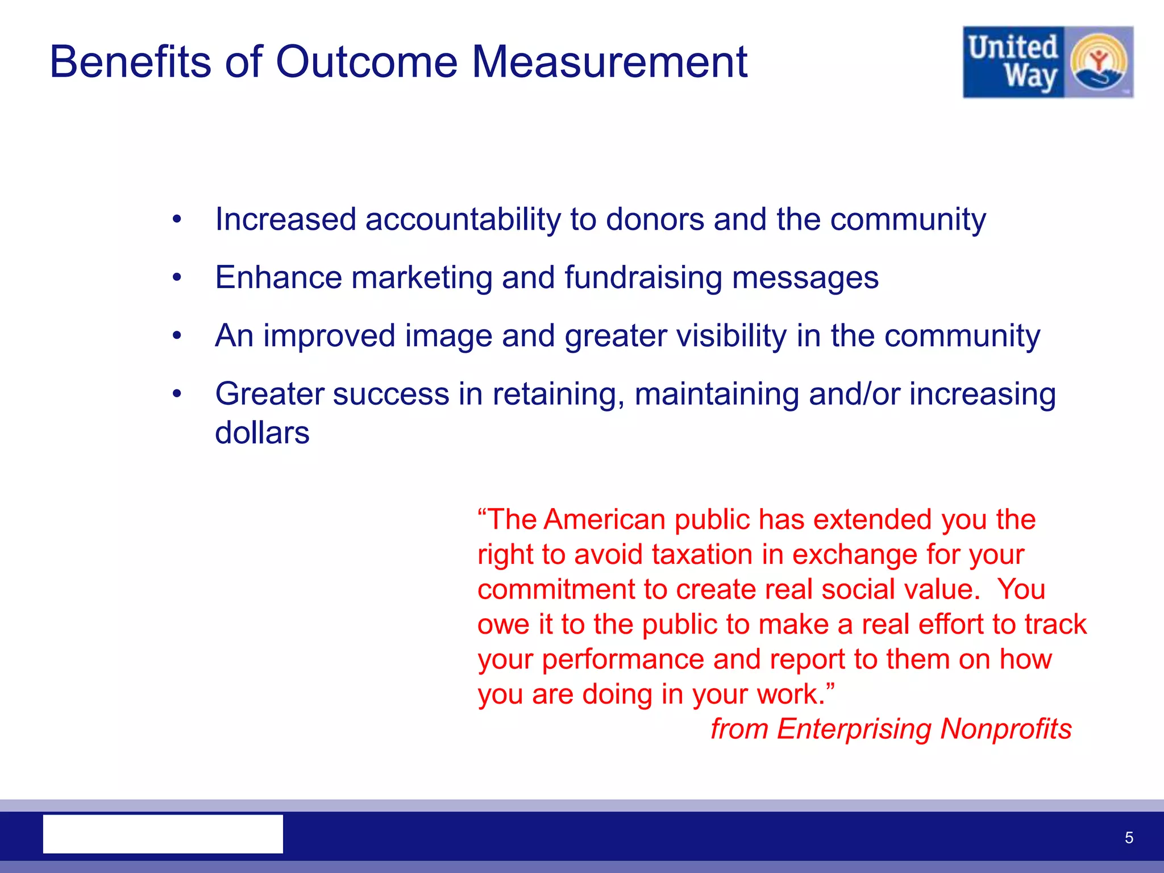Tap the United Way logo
[x=1047, y=62]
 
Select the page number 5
[x=1129, y=838]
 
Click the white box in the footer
[x=163, y=834]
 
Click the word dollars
[x=262, y=433]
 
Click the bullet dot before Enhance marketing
[x=177, y=277]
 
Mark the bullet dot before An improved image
[x=177, y=336]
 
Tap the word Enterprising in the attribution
[x=853, y=729]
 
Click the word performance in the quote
[x=623, y=660]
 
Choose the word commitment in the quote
[x=556, y=589]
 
